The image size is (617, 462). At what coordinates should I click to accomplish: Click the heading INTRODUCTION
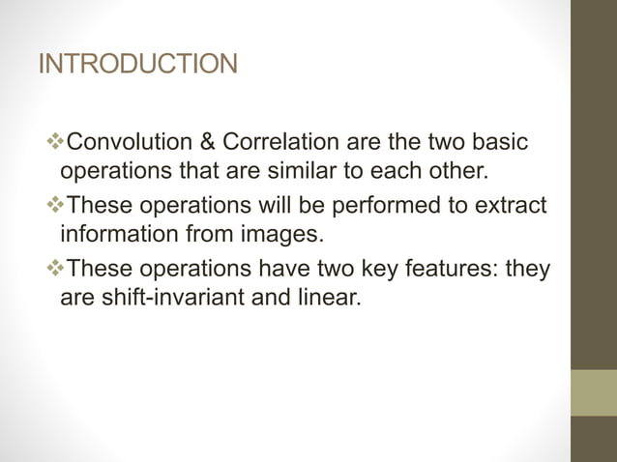tap(137, 65)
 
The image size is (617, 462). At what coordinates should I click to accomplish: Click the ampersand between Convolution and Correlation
tap(208, 143)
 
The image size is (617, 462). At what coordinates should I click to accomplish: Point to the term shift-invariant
tap(168, 299)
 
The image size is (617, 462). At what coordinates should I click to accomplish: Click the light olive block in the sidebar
tap(594, 392)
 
